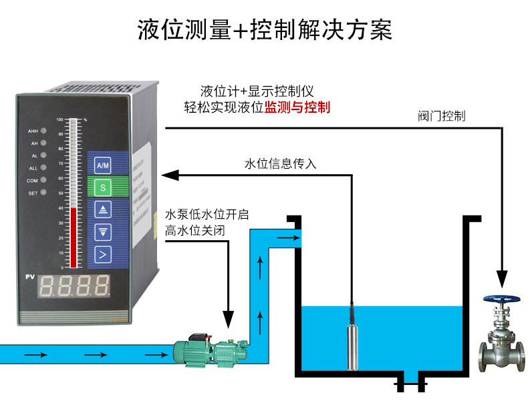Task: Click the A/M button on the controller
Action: click(x=103, y=165)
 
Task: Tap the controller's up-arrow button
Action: click(x=103, y=210)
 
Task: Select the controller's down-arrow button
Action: click(x=103, y=232)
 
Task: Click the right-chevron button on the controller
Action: click(x=103, y=254)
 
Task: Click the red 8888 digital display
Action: click(x=75, y=286)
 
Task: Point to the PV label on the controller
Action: click(x=30, y=277)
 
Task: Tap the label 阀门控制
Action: click(x=442, y=116)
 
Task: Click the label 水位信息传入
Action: click(x=280, y=164)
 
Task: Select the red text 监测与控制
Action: click(x=297, y=107)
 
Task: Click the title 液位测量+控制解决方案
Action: click(x=264, y=30)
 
